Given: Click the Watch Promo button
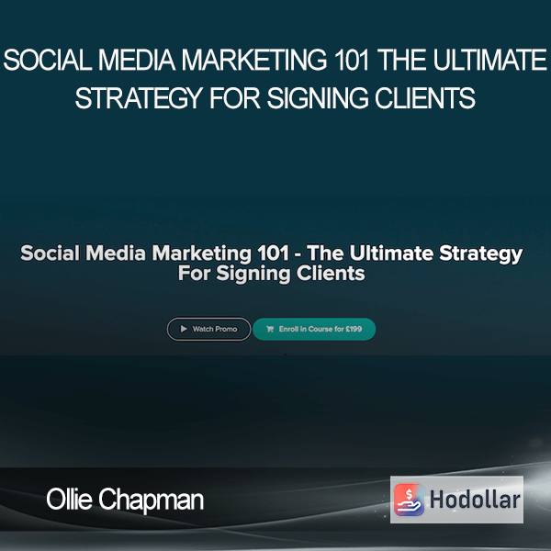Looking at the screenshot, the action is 208,329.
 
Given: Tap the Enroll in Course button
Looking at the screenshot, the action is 314,329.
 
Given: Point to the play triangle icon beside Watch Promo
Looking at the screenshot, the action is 184,329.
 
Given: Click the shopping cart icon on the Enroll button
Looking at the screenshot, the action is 270,329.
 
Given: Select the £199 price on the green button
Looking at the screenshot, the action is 354,329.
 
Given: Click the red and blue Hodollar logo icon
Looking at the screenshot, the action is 409,500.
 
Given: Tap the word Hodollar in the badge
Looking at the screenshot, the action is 475,500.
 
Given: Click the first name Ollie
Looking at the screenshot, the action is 69,499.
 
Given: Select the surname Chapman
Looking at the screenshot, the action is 152,500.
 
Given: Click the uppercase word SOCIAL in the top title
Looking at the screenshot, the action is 48,60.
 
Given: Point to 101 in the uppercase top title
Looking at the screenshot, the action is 352,60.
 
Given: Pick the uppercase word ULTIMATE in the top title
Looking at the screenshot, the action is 489,60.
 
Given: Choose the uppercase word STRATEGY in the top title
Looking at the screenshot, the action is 140,98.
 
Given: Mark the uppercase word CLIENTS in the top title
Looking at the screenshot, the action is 425,98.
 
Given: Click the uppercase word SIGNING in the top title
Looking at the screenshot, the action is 318,98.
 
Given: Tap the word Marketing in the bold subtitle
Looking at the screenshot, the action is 201,253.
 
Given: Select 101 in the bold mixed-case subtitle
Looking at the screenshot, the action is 273,253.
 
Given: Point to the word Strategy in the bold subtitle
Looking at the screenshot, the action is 481,253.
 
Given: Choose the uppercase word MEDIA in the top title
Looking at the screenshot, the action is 137,60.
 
